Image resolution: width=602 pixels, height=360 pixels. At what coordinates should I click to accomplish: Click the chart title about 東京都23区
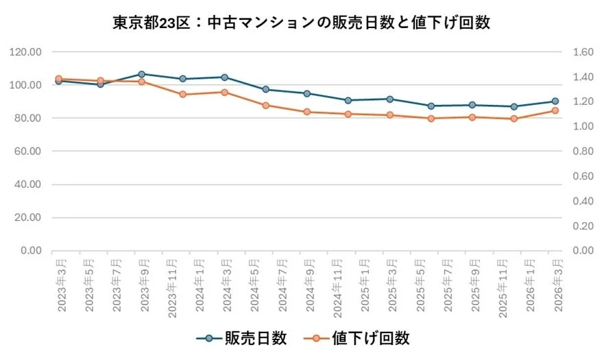point(301,22)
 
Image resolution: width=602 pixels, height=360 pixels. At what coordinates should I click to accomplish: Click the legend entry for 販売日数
point(241,338)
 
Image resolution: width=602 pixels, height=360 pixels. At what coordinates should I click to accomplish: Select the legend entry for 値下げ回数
point(361,338)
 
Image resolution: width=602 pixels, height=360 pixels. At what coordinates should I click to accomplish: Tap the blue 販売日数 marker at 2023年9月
point(141,74)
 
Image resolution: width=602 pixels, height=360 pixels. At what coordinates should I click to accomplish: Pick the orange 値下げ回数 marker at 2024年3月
point(224,92)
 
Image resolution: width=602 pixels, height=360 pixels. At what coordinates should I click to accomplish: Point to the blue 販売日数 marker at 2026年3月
point(555,101)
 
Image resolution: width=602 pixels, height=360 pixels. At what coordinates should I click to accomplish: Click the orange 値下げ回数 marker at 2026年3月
point(555,110)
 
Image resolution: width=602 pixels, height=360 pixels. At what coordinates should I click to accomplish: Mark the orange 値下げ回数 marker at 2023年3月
point(58,79)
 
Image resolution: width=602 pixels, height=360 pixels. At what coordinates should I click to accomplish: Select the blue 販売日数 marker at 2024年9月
point(307,93)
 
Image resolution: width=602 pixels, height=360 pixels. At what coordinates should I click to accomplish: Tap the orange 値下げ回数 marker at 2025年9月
point(472,117)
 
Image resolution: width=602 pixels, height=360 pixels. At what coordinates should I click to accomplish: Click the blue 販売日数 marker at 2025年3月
point(389,99)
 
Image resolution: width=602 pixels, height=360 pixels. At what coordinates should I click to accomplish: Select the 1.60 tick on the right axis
point(577,52)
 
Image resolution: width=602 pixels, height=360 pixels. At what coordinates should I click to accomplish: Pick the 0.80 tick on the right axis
point(577,152)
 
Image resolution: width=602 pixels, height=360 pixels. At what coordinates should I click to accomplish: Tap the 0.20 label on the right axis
point(577,226)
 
